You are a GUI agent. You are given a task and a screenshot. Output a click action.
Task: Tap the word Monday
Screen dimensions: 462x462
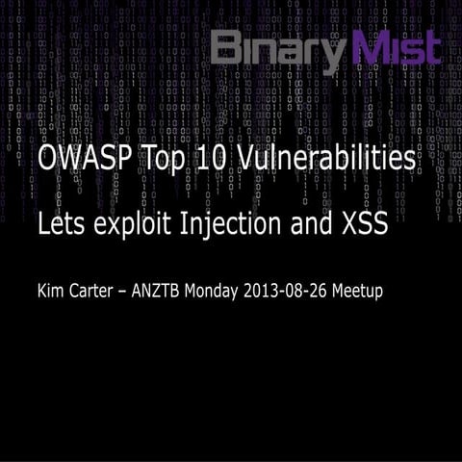click(224, 290)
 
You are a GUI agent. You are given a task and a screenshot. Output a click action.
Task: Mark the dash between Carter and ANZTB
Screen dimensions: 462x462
click(128, 291)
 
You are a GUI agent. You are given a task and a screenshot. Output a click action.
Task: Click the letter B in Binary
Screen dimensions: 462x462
click(227, 48)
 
